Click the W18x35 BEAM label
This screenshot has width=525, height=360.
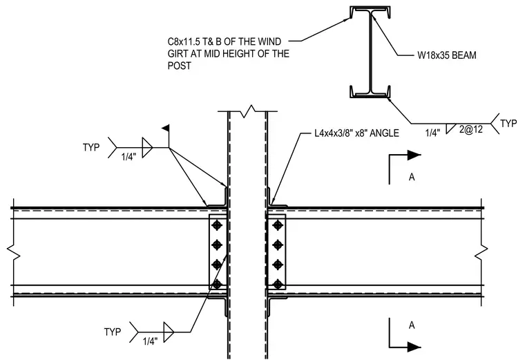pos(447,55)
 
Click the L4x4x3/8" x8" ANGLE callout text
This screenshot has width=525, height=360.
pos(356,133)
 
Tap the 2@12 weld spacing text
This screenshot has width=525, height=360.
pos(471,129)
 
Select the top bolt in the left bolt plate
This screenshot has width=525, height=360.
pos(217,225)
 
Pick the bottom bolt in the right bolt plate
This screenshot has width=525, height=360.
pos(278,284)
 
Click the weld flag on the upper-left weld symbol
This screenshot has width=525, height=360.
pos(166,128)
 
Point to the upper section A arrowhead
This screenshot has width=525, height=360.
pos(414,155)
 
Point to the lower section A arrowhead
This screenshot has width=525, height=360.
pos(414,347)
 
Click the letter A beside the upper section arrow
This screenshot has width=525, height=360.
pos(412,177)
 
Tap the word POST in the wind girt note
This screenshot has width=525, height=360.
pos(179,66)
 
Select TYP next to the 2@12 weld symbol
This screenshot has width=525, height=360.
pos(508,124)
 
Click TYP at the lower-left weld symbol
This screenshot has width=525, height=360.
pos(112,332)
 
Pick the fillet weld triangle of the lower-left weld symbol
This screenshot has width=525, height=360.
pos(169,332)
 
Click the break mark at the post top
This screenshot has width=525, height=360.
pos(247,111)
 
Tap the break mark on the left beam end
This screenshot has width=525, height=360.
pos(13,253)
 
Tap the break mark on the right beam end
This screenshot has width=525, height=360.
pos(481,253)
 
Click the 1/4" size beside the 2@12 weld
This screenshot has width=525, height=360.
pos(432,133)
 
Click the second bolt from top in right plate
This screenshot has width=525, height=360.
pos(278,245)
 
